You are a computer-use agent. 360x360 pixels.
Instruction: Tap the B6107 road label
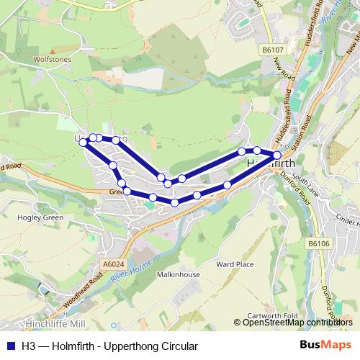pyautogui.click(x=271, y=50)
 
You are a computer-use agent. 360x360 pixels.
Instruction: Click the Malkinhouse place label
pyautogui.click(x=178, y=274)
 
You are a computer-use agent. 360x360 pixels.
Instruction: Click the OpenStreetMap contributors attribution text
pyautogui.click(x=297, y=322)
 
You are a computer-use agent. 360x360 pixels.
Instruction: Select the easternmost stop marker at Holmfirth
pyautogui.click(x=277, y=155)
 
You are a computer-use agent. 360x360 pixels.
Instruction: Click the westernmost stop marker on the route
pyautogui.click(x=84, y=143)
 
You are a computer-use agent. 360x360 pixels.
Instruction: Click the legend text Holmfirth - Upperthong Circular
pyautogui.click(x=109, y=346)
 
